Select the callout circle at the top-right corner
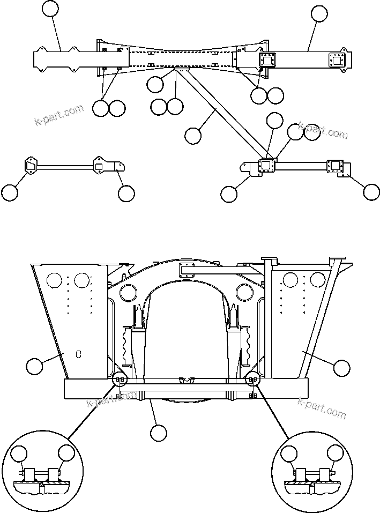(x=319, y=14)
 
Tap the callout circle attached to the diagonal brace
(x=193, y=136)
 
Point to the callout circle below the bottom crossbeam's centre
(x=159, y=433)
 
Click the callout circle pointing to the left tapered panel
(x=35, y=367)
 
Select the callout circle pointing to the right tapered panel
(x=341, y=368)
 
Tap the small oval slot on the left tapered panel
(x=78, y=354)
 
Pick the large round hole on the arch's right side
(x=244, y=293)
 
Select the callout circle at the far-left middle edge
(x=9, y=192)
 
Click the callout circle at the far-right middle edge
(x=371, y=191)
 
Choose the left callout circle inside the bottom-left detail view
(x=20, y=454)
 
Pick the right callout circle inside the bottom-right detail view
(x=336, y=454)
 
